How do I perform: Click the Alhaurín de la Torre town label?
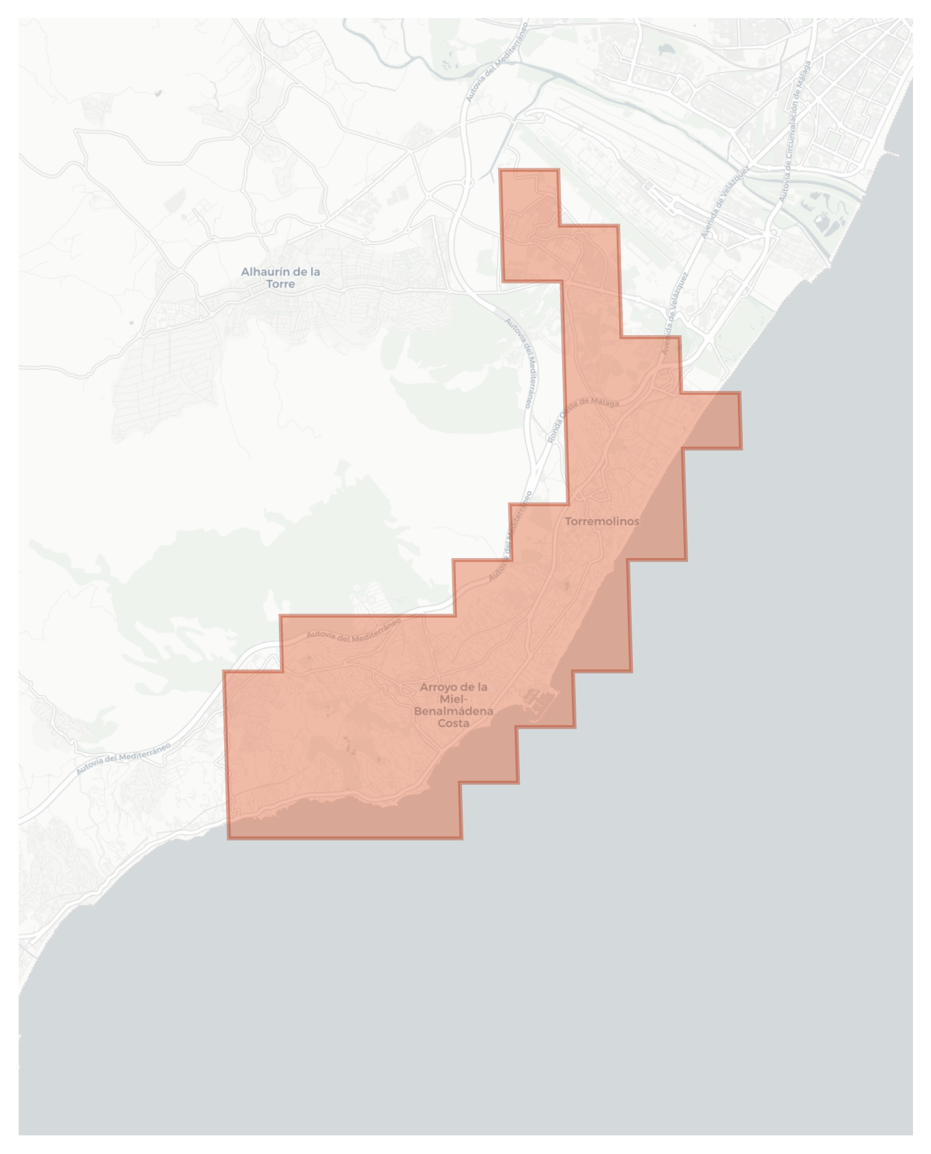point(280,277)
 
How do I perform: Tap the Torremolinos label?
point(601,521)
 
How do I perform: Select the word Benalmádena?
point(453,711)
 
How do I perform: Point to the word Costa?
point(453,723)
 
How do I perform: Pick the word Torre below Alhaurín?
point(280,284)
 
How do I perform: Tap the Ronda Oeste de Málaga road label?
point(583,413)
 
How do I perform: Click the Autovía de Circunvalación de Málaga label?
point(795,130)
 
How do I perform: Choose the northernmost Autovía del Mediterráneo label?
point(496,62)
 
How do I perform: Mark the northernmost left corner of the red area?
point(501,170)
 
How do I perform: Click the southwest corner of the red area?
point(229,838)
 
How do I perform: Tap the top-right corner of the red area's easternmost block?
point(740,393)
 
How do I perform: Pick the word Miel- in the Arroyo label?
point(453,699)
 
